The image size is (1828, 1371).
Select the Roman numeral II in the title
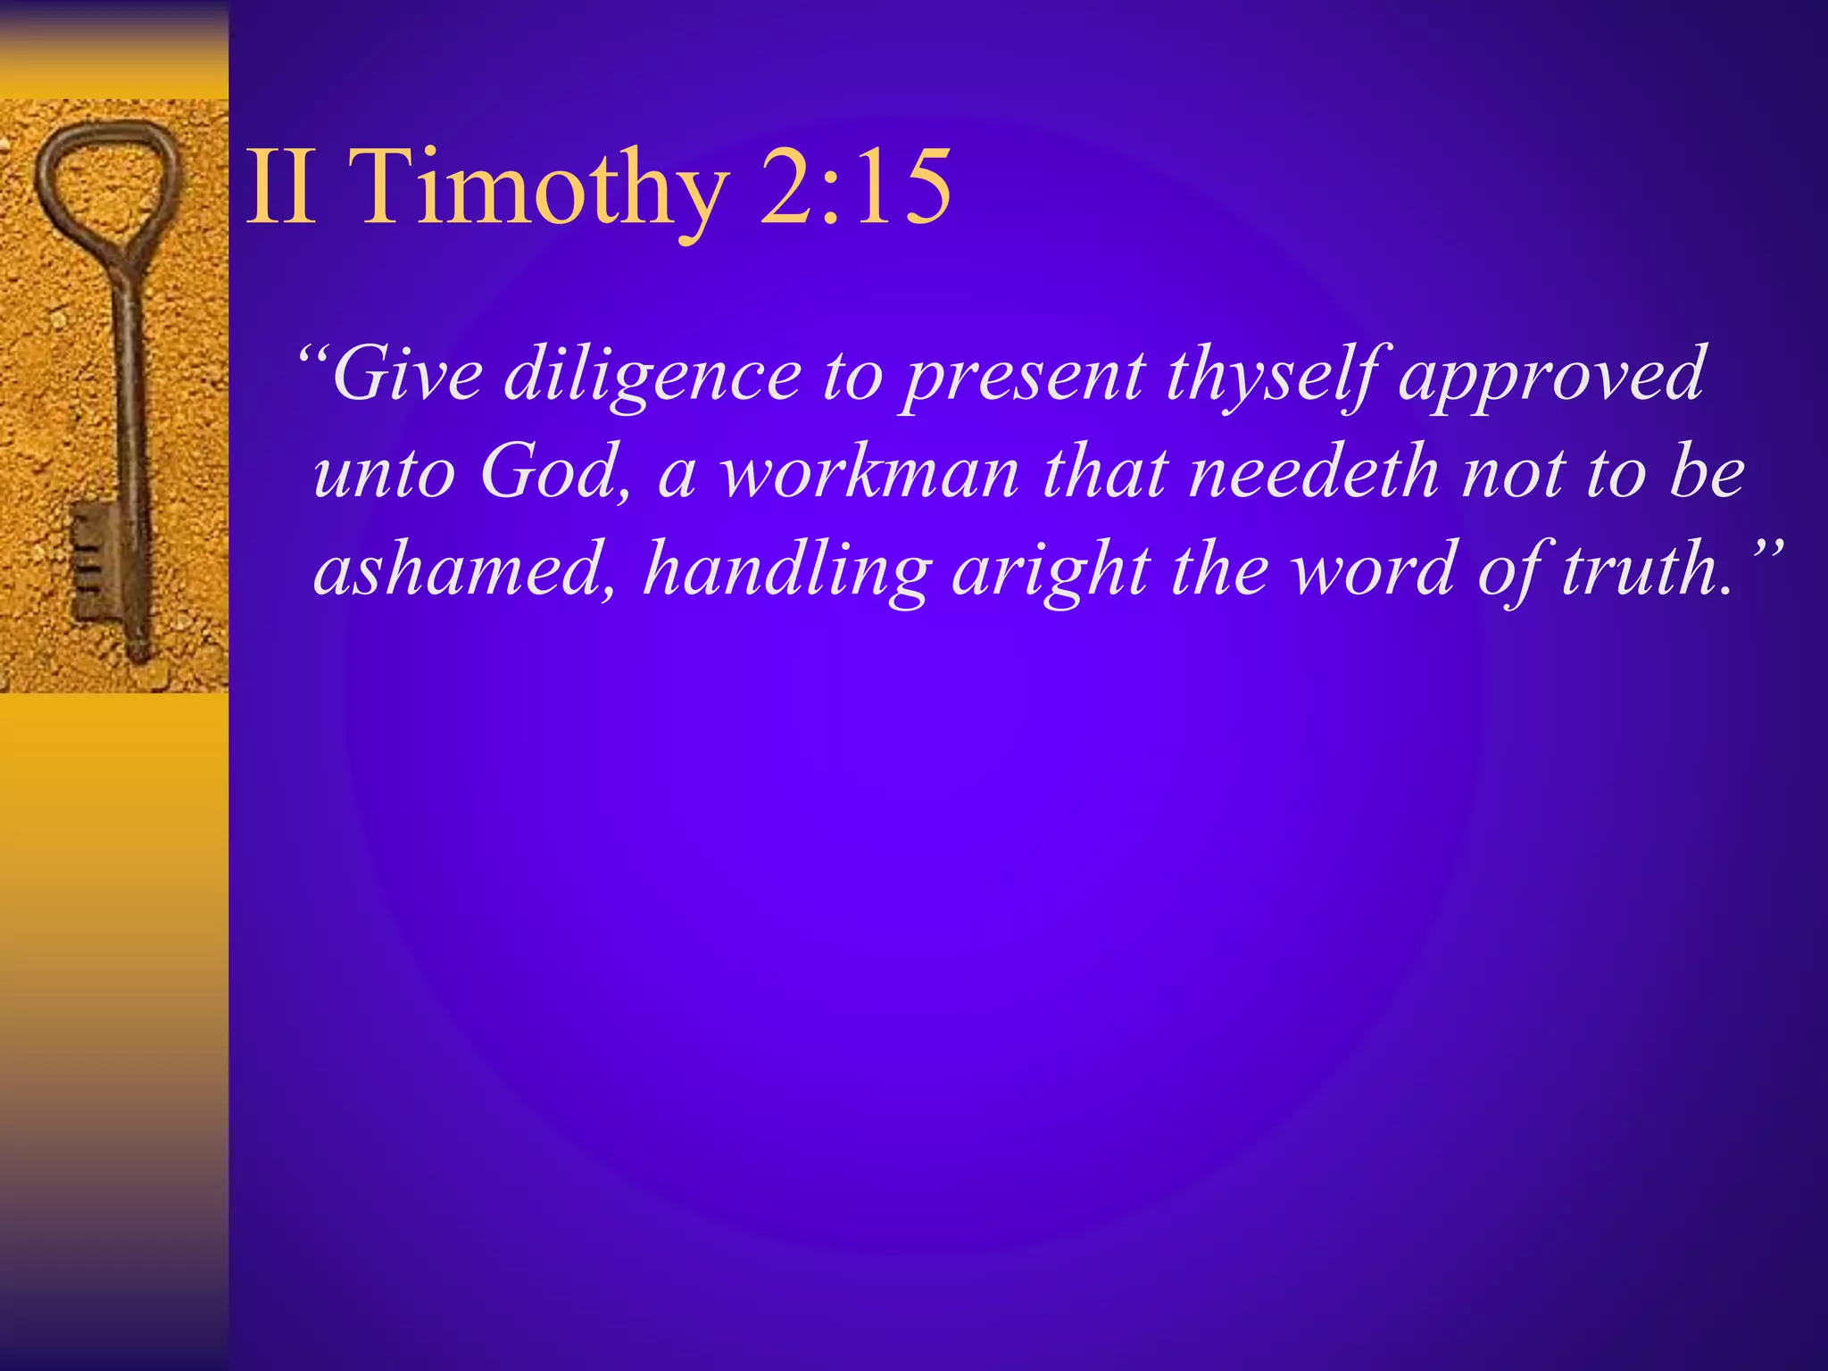[280, 187]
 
